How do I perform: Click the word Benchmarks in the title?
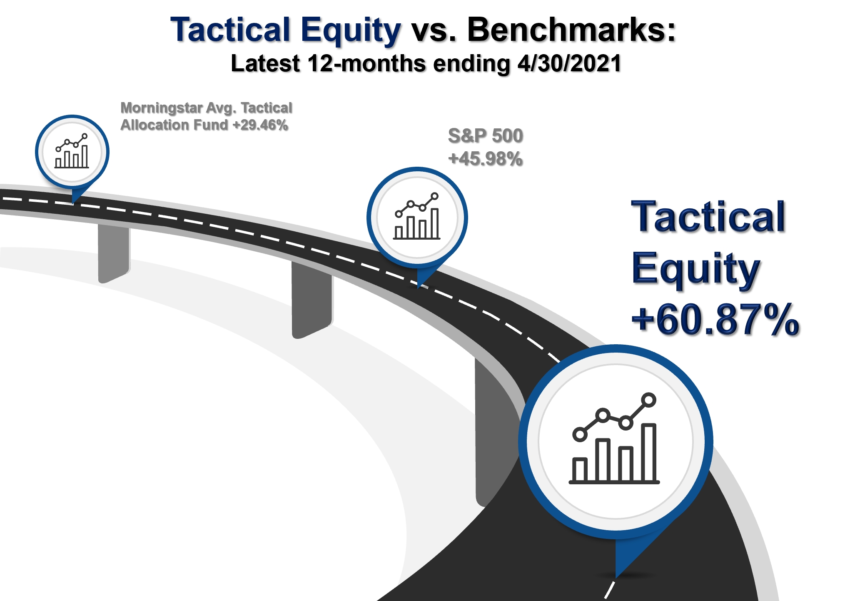pyautogui.click(x=571, y=30)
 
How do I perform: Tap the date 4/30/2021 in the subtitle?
pyautogui.click(x=569, y=64)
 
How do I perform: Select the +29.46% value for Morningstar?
pyautogui.click(x=260, y=125)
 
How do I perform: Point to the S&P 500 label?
pyautogui.click(x=486, y=136)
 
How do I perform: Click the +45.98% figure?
pyautogui.click(x=486, y=159)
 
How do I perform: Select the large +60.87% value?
pyautogui.click(x=715, y=320)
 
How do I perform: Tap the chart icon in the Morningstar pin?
pyautogui.click(x=72, y=151)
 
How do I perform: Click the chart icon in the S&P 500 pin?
pyautogui.click(x=417, y=216)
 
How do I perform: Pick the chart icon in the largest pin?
pyautogui.click(x=614, y=438)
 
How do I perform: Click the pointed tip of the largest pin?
pyautogui.click(x=616, y=578)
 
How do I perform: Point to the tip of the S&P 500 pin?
pyautogui.click(x=418, y=288)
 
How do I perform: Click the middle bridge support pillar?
pyautogui.click(x=312, y=299)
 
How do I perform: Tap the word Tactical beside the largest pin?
pyautogui.click(x=708, y=217)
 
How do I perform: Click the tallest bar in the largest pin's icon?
pyautogui.click(x=649, y=453)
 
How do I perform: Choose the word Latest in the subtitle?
pyautogui.click(x=265, y=64)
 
